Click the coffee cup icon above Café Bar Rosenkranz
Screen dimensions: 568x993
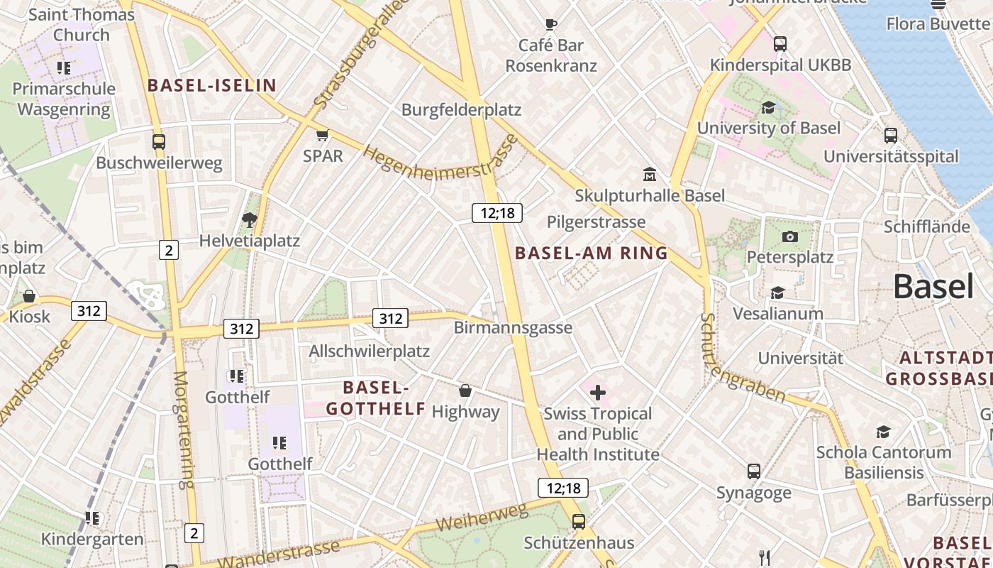tap(550, 25)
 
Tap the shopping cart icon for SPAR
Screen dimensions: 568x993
tap(323, 135)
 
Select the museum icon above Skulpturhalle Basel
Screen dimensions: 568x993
tap(649, 175)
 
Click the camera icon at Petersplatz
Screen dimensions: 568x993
tap(790, 236)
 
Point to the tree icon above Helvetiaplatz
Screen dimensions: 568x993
tap(249, 220)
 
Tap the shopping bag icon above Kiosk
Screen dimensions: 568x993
tap(29, 296)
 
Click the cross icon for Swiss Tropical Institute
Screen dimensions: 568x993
tap(598, 392)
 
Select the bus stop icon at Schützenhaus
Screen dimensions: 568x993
tap(579, 522)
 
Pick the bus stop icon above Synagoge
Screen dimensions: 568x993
tap(754, 471)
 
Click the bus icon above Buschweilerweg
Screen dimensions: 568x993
tap(159, 142)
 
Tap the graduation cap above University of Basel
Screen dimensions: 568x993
tap(768, 107)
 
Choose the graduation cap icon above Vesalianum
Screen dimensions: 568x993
tap(777, 293)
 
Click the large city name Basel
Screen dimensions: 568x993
tap(933, 287)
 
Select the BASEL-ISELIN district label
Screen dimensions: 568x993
tap(211, 86)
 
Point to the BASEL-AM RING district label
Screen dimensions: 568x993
tap(592, 253)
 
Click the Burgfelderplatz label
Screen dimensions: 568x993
tap(461, 110)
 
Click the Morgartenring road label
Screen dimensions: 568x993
tap(183, 430)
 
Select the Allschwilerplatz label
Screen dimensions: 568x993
tap(369, 351)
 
